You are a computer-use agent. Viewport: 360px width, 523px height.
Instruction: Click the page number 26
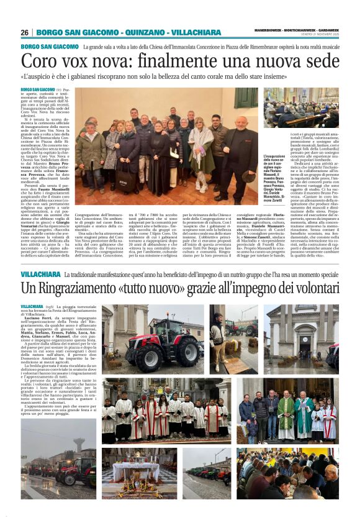coord(24,32)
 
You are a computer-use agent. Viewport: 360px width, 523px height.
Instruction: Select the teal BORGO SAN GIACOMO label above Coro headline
coord(49,47)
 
